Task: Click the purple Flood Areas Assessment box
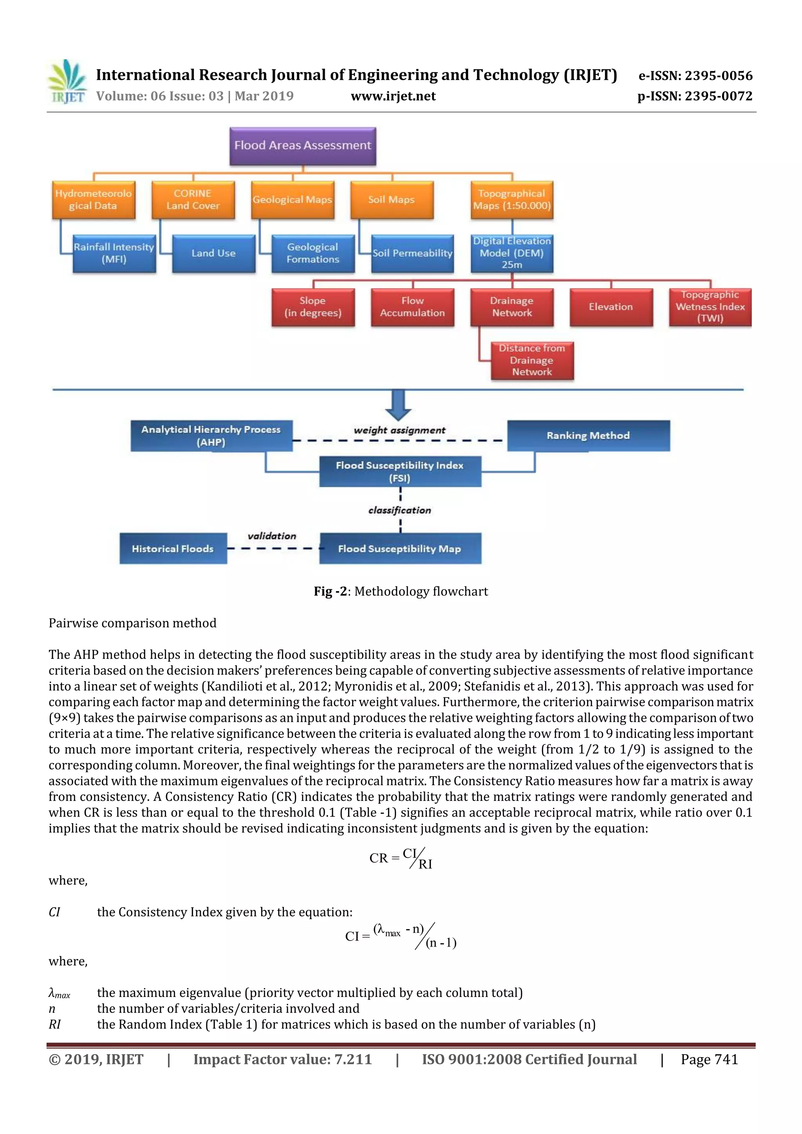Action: pyautogui.click(x=302, y=146)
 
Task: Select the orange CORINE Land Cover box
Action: pyautogui.click(x=193, y=200)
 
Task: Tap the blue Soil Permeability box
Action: pyautogui.click(x=412, y=253)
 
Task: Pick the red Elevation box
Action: pyautogui.click(x=611, y=307)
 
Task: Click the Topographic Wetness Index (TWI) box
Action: pyautogui.click(x=710, y=307)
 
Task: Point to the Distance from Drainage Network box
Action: pyautogui.click(x=532, y=360)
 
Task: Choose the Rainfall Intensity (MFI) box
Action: pyautogui.click(x=114, y=253)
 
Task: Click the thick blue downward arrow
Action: pyautogui.click(x=398, y=404)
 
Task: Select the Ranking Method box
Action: pyautogui.click(x=588, y=435)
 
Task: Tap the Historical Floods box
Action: pyautogui.click(x=173, y=548)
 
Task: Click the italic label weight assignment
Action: pyautogui.click(x=399, y=430)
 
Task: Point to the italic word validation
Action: pyautogui.click(x=272, y=536)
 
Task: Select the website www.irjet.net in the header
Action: pyautogui.click(x=393, y=96)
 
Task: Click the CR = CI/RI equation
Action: pyautogui.click(x=401, y=858)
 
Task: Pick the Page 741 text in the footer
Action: pyautogui.click(x=709, y=1059)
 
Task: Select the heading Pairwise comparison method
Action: pyautogui.click(x=132, y=623)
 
